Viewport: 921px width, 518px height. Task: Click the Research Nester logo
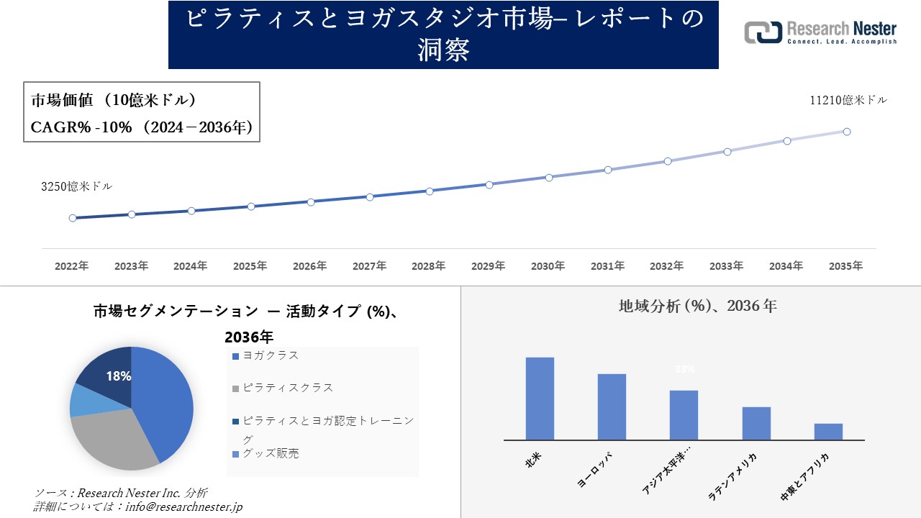coord(820,32)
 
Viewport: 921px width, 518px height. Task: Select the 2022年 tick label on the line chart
coord(72,266)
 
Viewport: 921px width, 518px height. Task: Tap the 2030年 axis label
coord(548,266)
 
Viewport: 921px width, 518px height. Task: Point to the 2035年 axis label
coord(845,266)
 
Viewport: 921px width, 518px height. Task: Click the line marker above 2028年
coord(430,191)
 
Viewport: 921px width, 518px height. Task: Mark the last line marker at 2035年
coord(847,132)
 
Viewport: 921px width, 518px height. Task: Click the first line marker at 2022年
coord(73,218)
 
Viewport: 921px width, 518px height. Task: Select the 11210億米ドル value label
coord(848,101)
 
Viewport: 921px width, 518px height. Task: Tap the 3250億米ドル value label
coord(76,186)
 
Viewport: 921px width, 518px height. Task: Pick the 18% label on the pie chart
coord(118,376)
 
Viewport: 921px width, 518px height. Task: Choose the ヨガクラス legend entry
coord(270,355)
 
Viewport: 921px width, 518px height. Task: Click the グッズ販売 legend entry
coord(270,453)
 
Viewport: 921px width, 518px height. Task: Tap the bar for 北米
coord(540,399)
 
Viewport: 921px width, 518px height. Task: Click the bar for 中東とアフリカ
coord(828,432)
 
